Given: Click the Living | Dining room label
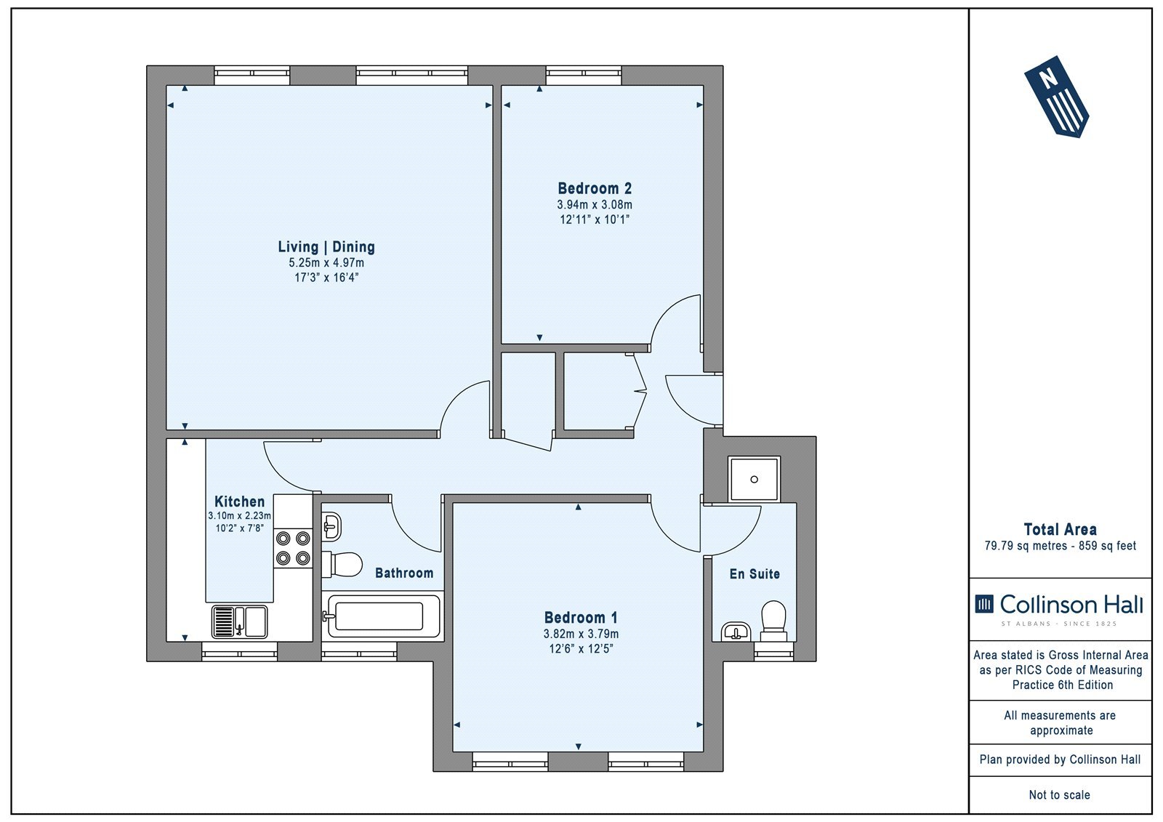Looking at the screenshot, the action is coord(326,247).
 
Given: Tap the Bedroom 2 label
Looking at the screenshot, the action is coord(595,188).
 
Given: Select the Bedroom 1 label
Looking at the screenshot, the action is coord(581,618).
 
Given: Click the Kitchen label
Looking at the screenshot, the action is coord(239,501).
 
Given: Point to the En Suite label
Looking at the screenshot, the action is coord(754,573).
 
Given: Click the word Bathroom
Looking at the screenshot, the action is coord(404,573).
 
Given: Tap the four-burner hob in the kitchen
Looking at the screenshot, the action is coord(293,548).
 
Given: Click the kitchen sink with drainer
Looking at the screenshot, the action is coord(239,621).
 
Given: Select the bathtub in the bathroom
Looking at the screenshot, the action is coord(382,616).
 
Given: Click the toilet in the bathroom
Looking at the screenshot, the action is coord(342,565).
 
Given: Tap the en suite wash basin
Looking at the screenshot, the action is coord(736,632).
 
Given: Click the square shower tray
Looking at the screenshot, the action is coord(754,479).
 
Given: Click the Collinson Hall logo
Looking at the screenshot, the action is coord(1059,608).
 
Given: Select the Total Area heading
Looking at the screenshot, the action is coord(1061,530).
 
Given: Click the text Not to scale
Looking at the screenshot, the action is coord(1060,795).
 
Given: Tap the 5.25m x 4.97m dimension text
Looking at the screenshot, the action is coord(326,263).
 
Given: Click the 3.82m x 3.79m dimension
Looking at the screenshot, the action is coord(581,634).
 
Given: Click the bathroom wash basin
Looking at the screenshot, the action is coord(331,527).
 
